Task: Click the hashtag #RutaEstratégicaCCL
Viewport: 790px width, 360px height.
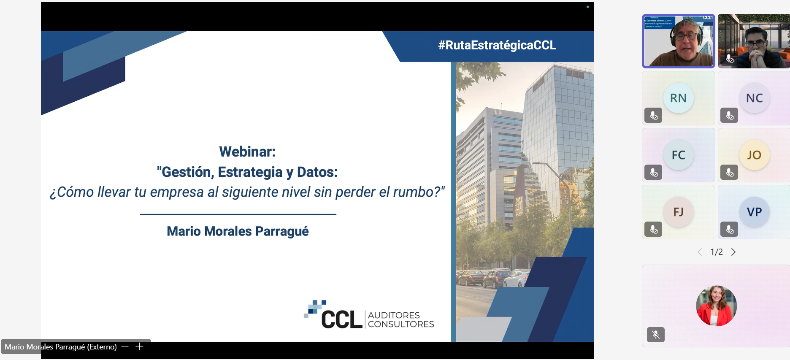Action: [x=497, y=45]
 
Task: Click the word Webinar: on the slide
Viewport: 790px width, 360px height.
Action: [x=247, y=152]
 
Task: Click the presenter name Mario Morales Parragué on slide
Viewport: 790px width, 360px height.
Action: [x=238, y=231]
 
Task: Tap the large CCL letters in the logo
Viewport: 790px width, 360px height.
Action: [x=342, y=319]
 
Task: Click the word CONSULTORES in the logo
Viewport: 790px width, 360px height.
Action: [x=401, y=324]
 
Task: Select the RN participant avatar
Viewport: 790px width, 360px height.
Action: [x=678, y=98]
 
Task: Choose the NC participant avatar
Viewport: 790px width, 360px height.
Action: [x=754, y=98]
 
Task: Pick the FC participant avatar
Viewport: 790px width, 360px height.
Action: [x=678, y=155]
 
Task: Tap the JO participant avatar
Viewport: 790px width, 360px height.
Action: [x=754, y=155]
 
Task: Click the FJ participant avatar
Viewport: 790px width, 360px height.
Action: [x=678, y=212]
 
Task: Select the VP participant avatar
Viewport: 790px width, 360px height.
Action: [x=754, y=212]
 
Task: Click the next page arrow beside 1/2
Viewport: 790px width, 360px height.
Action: [x=733, y=252]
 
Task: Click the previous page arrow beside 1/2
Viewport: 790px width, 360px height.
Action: [x=700, y=252]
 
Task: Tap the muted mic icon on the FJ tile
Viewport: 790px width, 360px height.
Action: [x=653, y=229]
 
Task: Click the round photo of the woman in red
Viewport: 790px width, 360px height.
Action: [x=716, y=306]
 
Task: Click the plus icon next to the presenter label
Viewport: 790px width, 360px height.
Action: [x=139, y=346]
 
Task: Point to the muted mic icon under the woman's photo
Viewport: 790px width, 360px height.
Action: [x=656, y=335]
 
